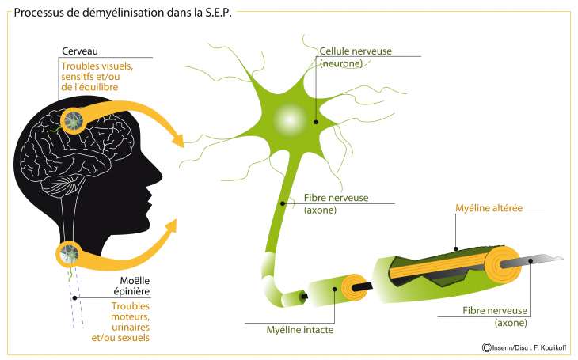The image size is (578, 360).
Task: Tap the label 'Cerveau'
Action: coord(80,51)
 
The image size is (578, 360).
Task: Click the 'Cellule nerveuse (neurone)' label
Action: coord(355,57)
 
